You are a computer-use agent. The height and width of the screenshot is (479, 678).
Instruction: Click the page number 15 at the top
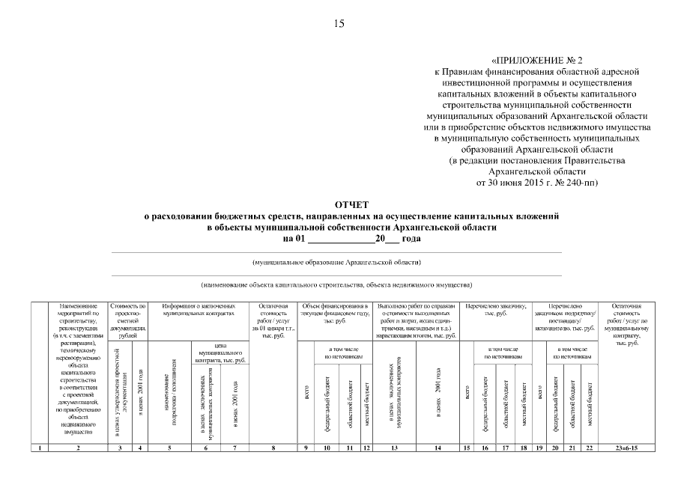tap(339, 24)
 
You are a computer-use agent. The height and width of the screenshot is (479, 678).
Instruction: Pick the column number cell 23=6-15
tap(626, 448)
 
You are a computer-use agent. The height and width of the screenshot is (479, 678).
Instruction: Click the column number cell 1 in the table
tap(39, 448)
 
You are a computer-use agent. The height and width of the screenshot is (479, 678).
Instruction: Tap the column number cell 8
tap(273, 448)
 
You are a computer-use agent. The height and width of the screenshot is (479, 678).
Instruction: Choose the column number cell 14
tap(438, 448)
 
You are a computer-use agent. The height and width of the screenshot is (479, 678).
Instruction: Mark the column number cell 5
tap(169, 448)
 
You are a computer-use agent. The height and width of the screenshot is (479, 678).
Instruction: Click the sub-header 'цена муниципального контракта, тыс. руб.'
tap(220, 353)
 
